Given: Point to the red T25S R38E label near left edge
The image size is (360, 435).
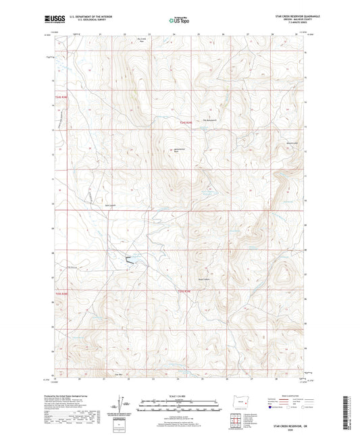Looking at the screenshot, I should coord(62,293).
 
